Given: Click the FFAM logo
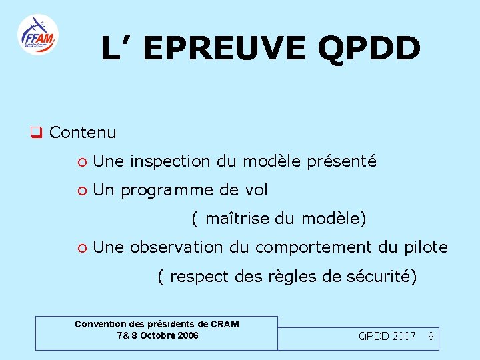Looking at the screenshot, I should [x=38, y=35].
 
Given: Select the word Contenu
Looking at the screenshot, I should [x=83, y=133].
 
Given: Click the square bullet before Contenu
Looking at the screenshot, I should [x=36, y=133].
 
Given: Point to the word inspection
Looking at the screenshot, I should [x=170, y=161].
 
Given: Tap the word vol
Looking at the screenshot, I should [x=257, y=190].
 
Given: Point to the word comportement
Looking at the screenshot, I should [x=311, y=248].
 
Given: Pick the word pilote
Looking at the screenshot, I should [x=426, y=247].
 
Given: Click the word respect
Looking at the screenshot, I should [x=197, y=277].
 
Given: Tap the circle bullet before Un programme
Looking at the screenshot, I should [x=81, y=191].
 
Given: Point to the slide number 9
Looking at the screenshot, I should [x=431, y=336].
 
